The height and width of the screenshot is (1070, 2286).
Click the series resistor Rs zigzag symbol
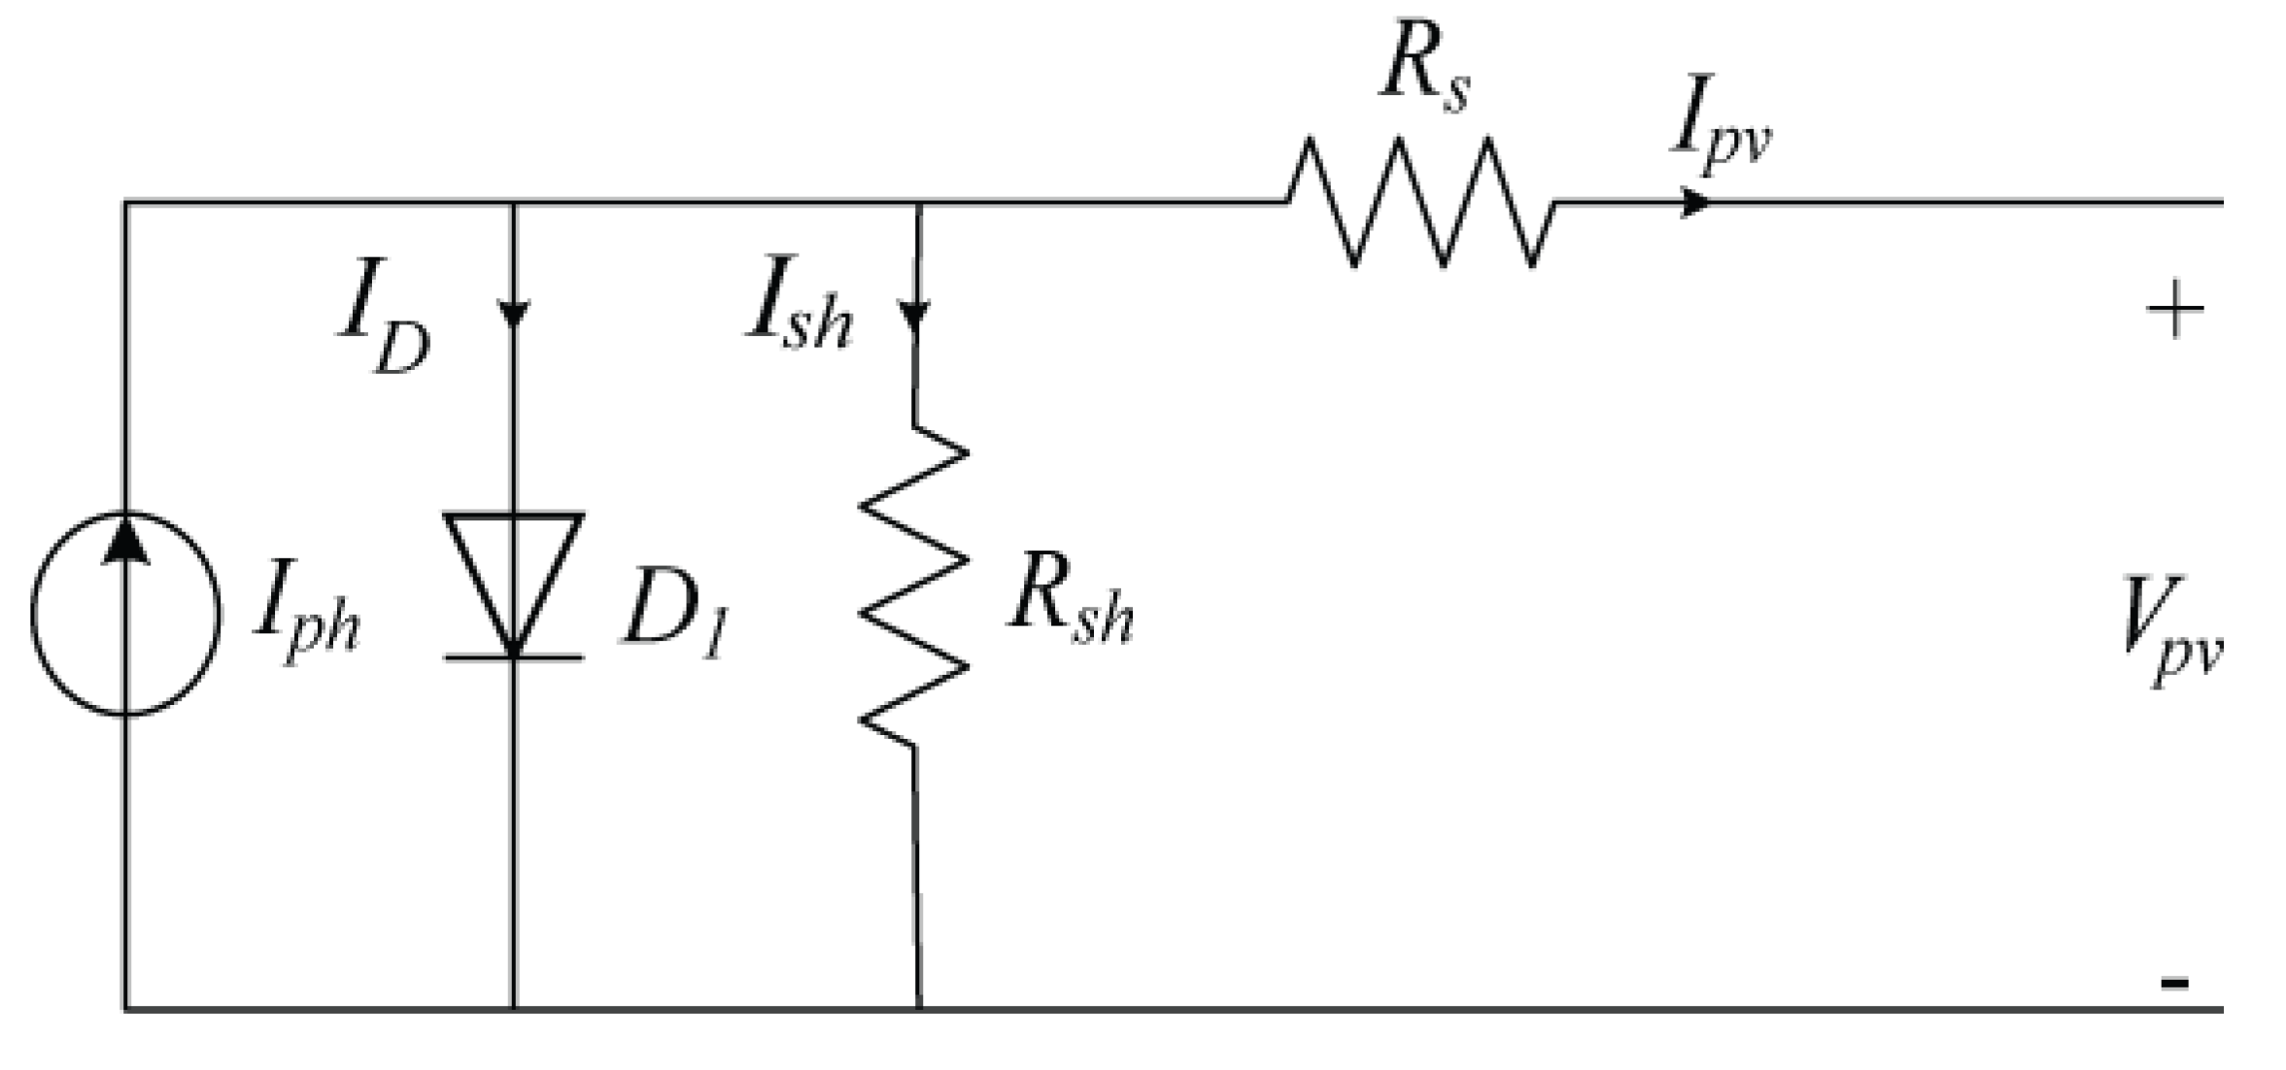[x=1420, y=202]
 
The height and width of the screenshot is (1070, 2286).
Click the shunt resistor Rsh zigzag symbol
[x=913, y=586]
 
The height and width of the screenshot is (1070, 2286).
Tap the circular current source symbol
[x=125, y=614]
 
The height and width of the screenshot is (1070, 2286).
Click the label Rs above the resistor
[x=1424, y=73]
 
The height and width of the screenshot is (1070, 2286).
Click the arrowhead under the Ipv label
[x=1695, y=203]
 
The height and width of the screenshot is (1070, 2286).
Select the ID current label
[x=385, y=316]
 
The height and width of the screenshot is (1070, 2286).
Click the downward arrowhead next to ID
[x=514, y=314]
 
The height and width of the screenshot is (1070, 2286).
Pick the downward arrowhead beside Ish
[x=914, y=316]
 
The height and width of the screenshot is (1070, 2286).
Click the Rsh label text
[x=1070, y=607]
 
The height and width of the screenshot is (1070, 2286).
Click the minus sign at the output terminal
[x=2174, y=983]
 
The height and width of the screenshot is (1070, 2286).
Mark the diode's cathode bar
[x=514, y=658]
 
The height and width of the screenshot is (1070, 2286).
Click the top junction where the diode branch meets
[x=514, y=203]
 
